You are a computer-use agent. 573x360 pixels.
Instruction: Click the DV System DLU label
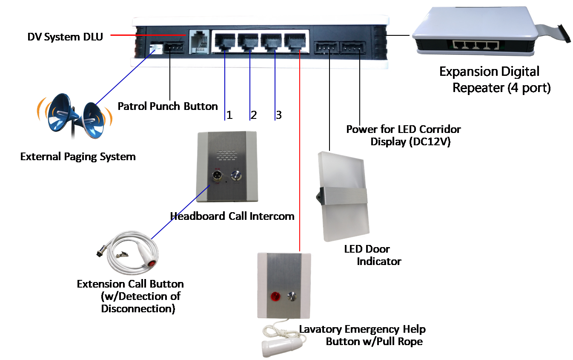[65, 37]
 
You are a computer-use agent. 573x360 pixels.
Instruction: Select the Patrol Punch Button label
[167, 106]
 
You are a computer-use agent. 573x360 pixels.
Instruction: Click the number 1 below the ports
[229, 115]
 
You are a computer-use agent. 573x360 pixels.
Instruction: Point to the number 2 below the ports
[254, 115]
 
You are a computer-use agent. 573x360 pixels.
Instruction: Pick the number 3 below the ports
[278, 115]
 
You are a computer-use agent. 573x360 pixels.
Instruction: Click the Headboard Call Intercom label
[232, 216]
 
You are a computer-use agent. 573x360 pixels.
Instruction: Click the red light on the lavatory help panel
[275, 296]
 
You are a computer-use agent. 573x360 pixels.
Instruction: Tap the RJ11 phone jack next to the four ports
[198, 42]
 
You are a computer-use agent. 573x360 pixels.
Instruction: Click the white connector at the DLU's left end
[156, 48]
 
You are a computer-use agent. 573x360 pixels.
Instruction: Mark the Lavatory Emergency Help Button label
[362, 335]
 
